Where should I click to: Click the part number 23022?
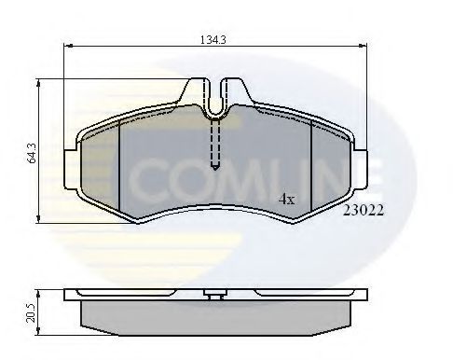pos(364,213)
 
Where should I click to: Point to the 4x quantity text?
pos(287,199)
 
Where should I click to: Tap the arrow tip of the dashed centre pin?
pos(215,168)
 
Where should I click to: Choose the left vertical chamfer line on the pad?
pos(123,164)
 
